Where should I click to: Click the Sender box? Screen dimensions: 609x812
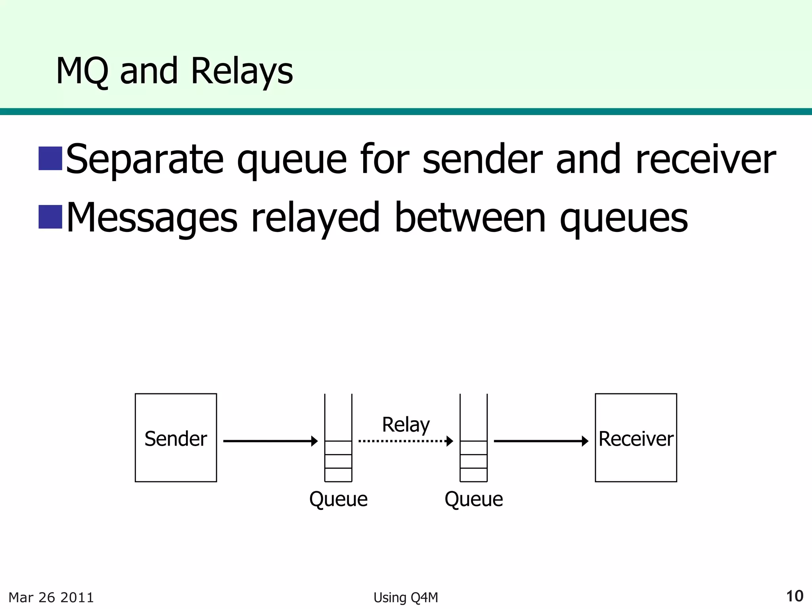point(176,438)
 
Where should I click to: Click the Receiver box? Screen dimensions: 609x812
point(636,438)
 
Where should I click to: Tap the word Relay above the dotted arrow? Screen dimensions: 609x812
point(406,425)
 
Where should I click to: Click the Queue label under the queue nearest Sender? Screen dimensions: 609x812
point(338,499)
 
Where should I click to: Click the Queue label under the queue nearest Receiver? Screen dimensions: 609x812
point(473,499)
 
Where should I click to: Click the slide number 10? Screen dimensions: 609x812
point(794,596)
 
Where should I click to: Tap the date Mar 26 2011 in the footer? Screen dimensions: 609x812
point(51,598)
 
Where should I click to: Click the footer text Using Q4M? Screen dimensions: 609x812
point(406,598)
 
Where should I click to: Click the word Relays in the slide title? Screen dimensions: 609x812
point(242,71)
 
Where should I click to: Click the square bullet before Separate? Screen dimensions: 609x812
point(50,158)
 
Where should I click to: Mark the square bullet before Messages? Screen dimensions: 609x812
point(50,217)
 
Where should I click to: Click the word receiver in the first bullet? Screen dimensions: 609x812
point(705,159)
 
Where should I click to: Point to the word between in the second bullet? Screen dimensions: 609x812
point(470,218)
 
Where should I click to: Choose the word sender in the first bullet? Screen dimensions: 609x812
point(482,159)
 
